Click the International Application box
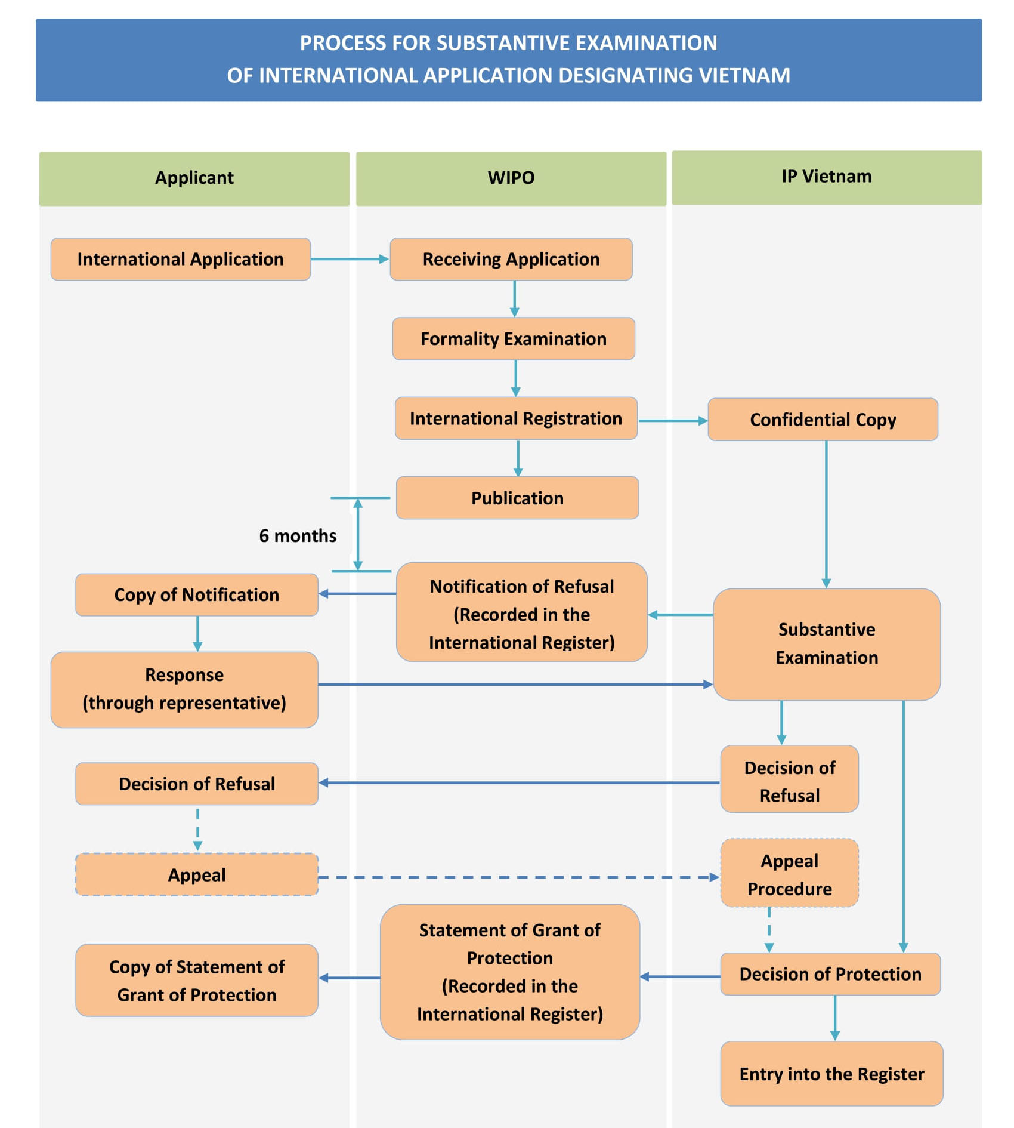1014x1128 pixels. coord(180,259)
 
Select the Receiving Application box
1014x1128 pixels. coord(511,259)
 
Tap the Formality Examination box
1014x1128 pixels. coord(513,338)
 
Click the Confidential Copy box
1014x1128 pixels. coord(823,420)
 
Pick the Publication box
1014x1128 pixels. coord(517,498)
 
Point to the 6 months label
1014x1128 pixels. coord(297,535)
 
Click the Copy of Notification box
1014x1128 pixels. coord(196,594)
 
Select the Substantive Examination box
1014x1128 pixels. coord(826,643)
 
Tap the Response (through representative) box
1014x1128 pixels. coord(184,689)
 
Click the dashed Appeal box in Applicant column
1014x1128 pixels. coord(196,874)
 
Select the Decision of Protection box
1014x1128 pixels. coord(830,974)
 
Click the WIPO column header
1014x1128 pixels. coord(511,178)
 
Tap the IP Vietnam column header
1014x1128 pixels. coord(826,177)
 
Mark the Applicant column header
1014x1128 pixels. coord(194,178)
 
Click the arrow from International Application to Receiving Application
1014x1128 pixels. coord(349,259)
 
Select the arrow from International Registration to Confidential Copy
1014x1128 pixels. coord(672,421)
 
